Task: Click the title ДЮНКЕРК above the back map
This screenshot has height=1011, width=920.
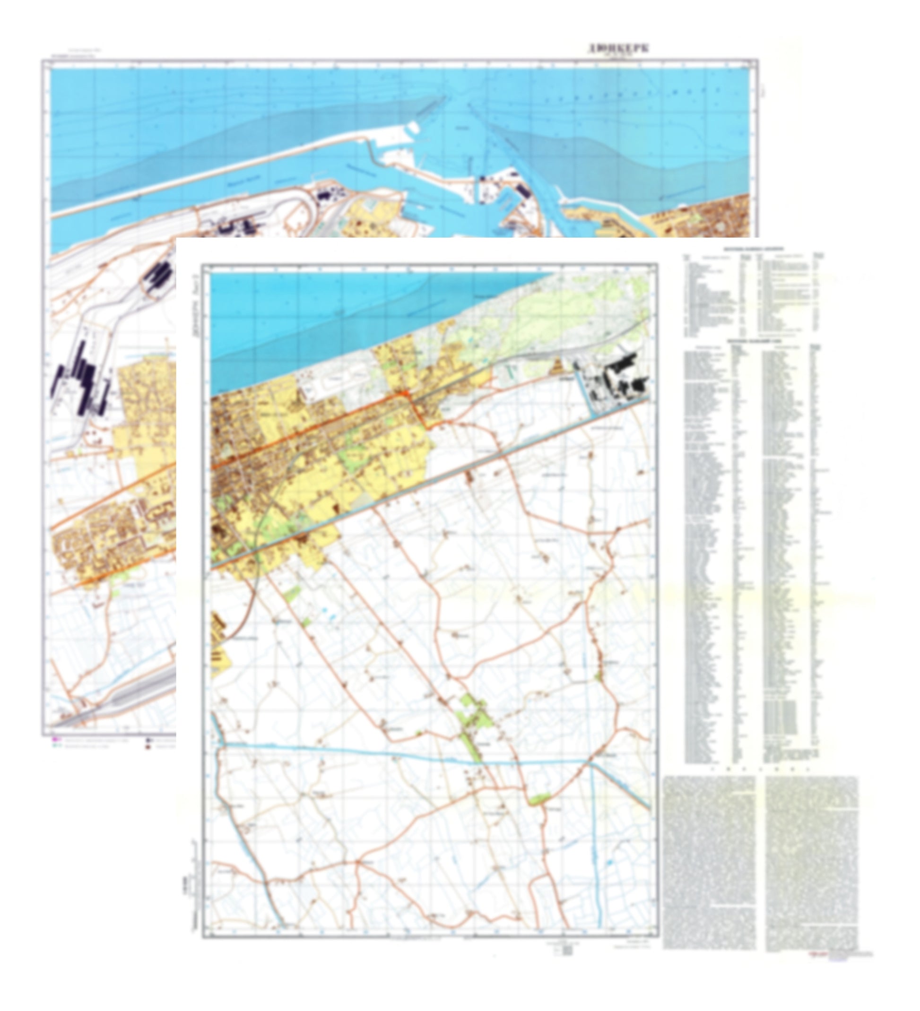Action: click(618, 49)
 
